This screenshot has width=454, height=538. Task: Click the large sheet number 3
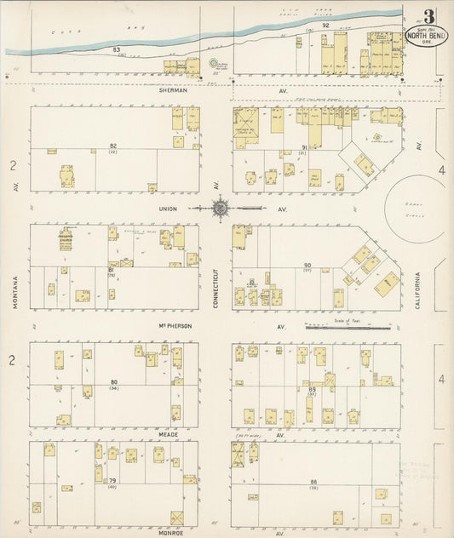click(x=428, y=16)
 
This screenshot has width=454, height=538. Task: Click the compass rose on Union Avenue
click(x=219, y=207)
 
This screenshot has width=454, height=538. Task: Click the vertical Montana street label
click(x=15, y=291)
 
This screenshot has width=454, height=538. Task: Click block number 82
click(x=113, y=146)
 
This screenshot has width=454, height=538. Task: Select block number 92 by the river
click(x=325, y=26)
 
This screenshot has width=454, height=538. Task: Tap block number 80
click(x=113, y=382)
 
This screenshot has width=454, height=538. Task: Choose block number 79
click(x=112, y=482)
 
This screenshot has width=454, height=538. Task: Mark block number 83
click(x=116, y=51)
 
